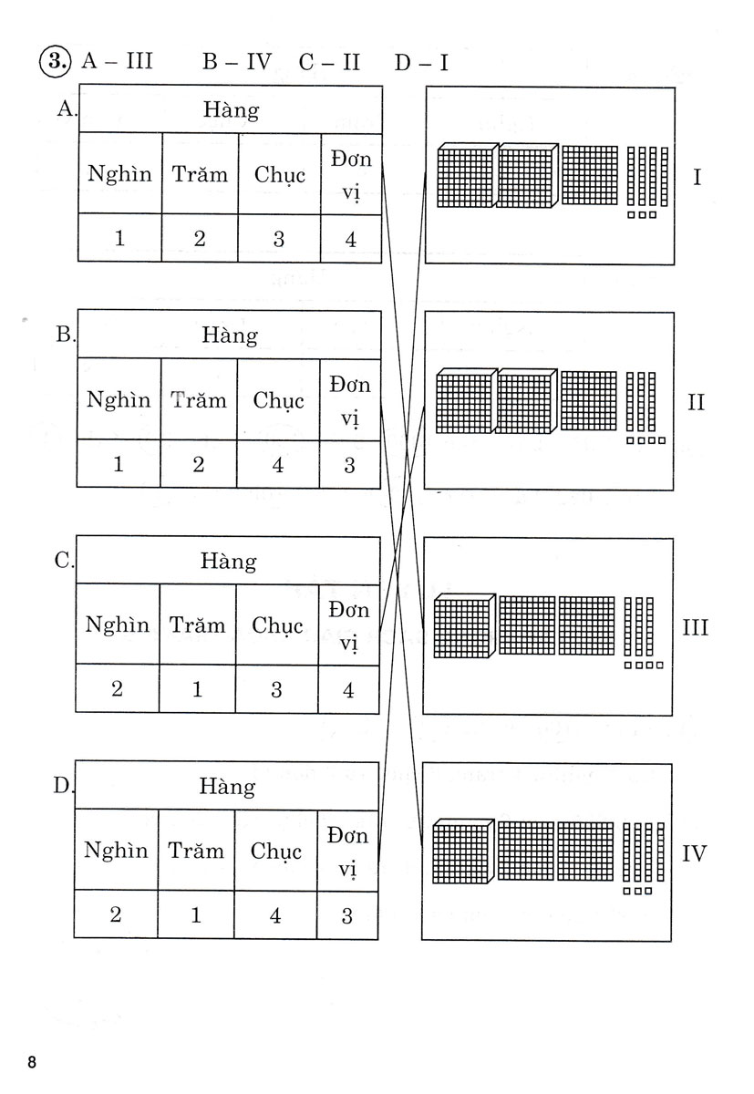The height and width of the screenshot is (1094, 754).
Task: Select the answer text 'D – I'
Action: (421, 62)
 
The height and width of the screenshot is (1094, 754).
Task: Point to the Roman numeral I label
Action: (697, 176)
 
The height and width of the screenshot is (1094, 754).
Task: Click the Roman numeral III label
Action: (696, 628)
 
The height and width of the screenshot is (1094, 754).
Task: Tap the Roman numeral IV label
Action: (695, 854)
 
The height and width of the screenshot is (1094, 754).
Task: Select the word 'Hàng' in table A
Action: (232, 110)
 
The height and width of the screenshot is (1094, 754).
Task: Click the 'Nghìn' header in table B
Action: (119, 399)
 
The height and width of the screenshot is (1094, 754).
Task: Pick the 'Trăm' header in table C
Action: (197, 625)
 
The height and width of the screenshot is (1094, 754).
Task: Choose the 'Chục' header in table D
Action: (275, 851)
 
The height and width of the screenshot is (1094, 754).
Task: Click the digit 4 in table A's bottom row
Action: (351, 240)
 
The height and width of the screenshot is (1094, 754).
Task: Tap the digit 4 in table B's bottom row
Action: (277, 465)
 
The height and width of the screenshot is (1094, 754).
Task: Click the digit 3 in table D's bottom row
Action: (346, 915)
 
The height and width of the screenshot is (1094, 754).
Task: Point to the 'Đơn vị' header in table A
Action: (352, 173)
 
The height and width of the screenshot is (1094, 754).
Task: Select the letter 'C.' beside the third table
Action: (63, 561)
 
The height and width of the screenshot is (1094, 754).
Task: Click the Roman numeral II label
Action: (696, 402)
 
